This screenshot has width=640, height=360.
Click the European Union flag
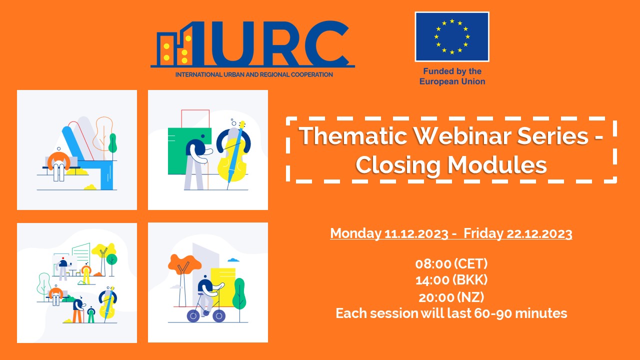[x=452, y=36]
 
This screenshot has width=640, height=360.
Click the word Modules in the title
[x=497, y=165]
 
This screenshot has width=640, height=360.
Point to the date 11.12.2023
[x=416, y=233]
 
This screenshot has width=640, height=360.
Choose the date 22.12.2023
[x=539, y=233]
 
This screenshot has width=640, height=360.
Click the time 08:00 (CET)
[x=451, y=263]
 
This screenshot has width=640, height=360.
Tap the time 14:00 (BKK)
[x=451, y=280]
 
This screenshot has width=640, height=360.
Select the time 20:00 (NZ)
[x=451, y=297]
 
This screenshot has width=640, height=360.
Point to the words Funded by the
[x=452, y=71]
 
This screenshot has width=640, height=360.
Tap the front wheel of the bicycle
[x=219, y=316]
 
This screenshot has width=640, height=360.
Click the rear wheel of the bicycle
[x=193, y=316]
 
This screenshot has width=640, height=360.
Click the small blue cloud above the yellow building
[x=233, y=259]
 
